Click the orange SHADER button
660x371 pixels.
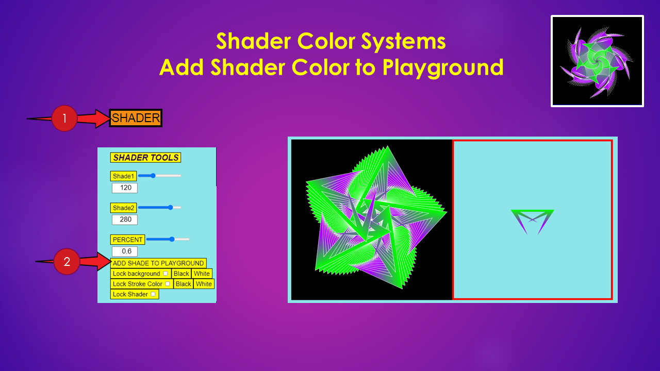coord(136,118)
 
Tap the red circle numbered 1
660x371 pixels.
coord(64,119)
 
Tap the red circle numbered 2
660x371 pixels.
coord(67,261)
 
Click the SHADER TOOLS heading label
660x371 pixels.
coord(145,158)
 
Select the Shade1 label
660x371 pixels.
coord(123,176)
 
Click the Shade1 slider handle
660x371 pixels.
coord(153,176)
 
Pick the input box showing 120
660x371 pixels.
coord(125,188)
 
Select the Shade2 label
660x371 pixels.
coord(123,208)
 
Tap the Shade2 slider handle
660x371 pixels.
coord(170,208)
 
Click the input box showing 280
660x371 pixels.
coord(125,220)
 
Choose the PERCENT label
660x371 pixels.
coord(127,240)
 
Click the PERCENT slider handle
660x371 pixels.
coord(172,240)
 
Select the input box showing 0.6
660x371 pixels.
coord(125,251)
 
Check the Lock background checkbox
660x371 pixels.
coord(166,274)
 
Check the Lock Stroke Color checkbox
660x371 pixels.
coord(168,284)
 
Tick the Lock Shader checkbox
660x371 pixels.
coord(153,294)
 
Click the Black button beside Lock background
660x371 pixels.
coord(181,274)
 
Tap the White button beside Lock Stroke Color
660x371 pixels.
coord(204,284)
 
